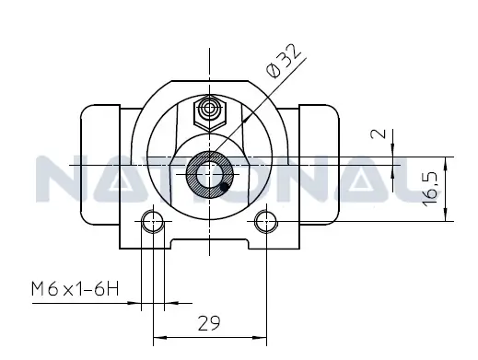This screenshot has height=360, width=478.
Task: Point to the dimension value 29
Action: click(210, 322)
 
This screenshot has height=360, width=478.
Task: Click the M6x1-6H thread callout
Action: click(75, 290)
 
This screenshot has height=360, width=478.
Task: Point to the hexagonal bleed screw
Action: click(209, 113)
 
